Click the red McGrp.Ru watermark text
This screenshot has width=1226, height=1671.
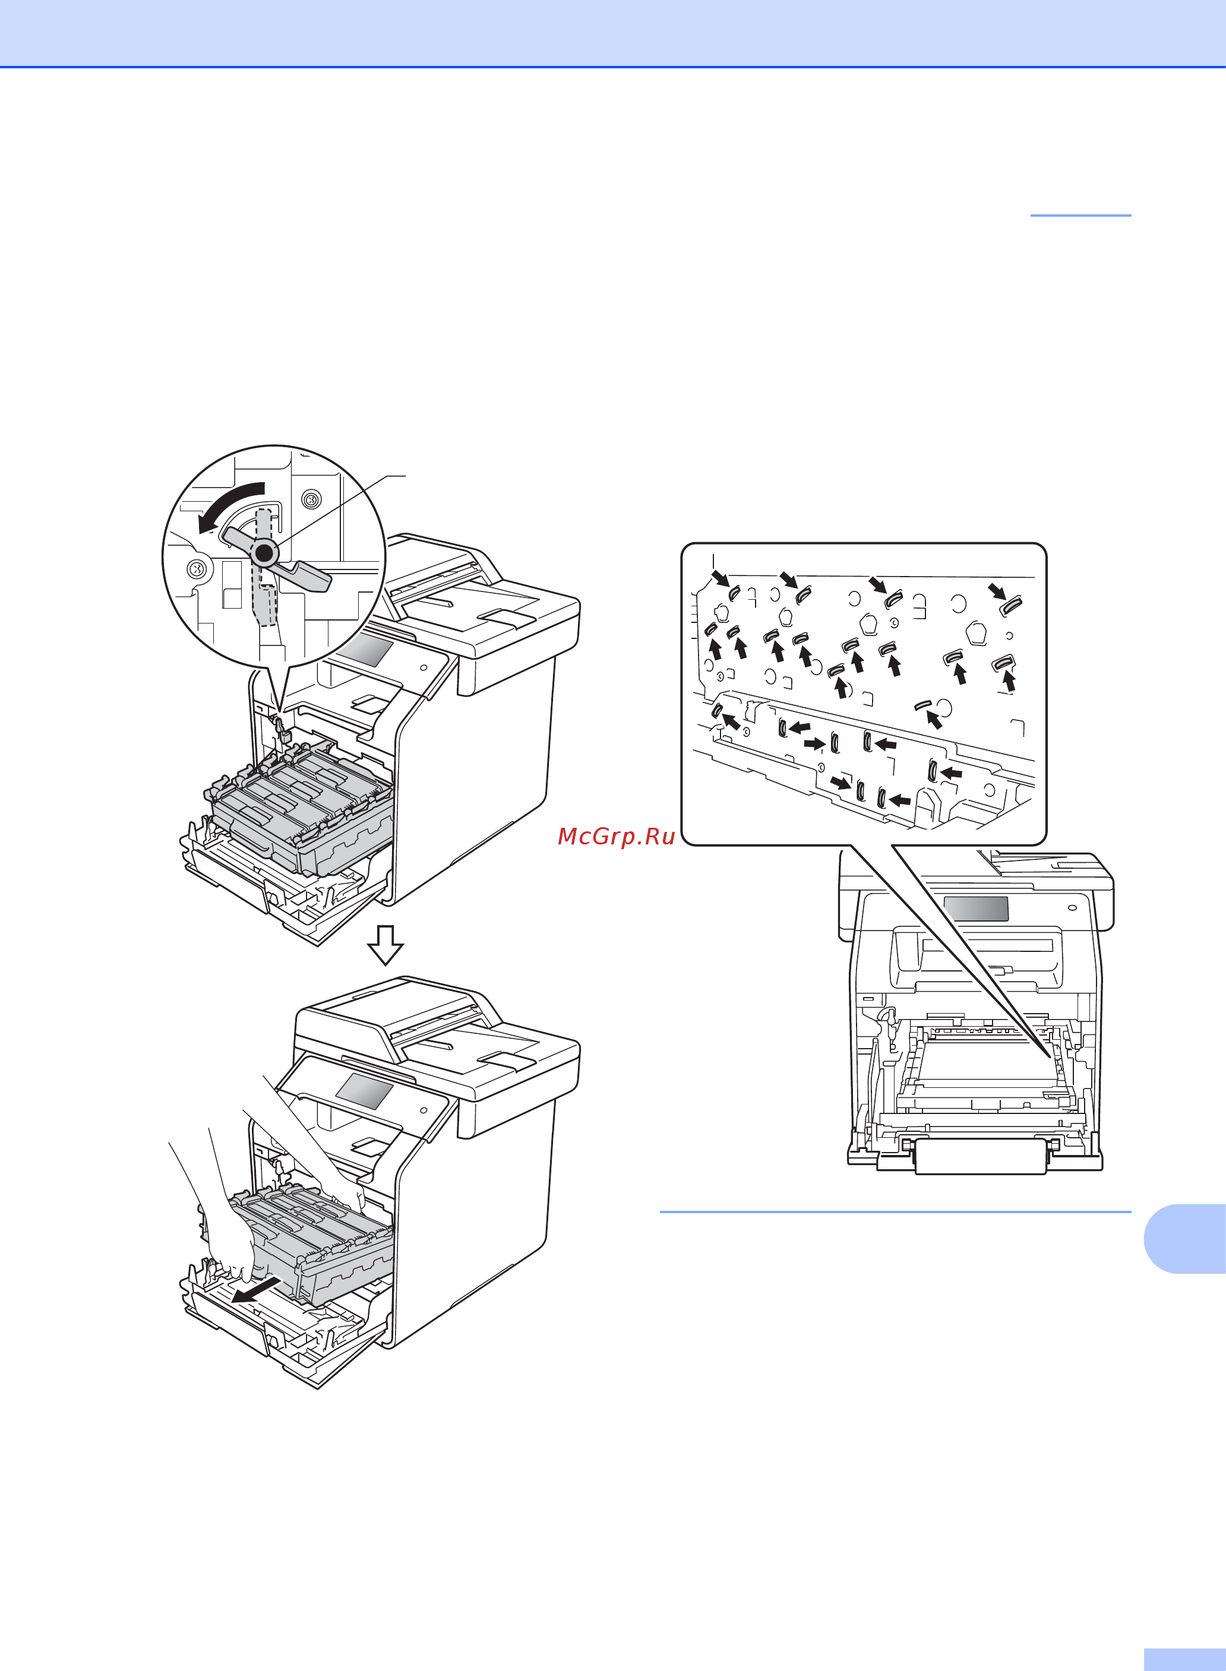coord(616,836)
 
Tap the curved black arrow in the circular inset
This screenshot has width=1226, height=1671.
coord(229,506)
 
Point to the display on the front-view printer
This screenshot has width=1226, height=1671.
coord(976,908)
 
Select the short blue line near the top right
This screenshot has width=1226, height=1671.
coord(1081,215)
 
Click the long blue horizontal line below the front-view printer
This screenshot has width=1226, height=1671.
coord(896,1212)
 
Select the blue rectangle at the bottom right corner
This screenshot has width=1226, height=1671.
coord(1185,1660)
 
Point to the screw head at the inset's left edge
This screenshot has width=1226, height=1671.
coord(197,569)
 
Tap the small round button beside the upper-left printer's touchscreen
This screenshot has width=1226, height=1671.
coord(424,667)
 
